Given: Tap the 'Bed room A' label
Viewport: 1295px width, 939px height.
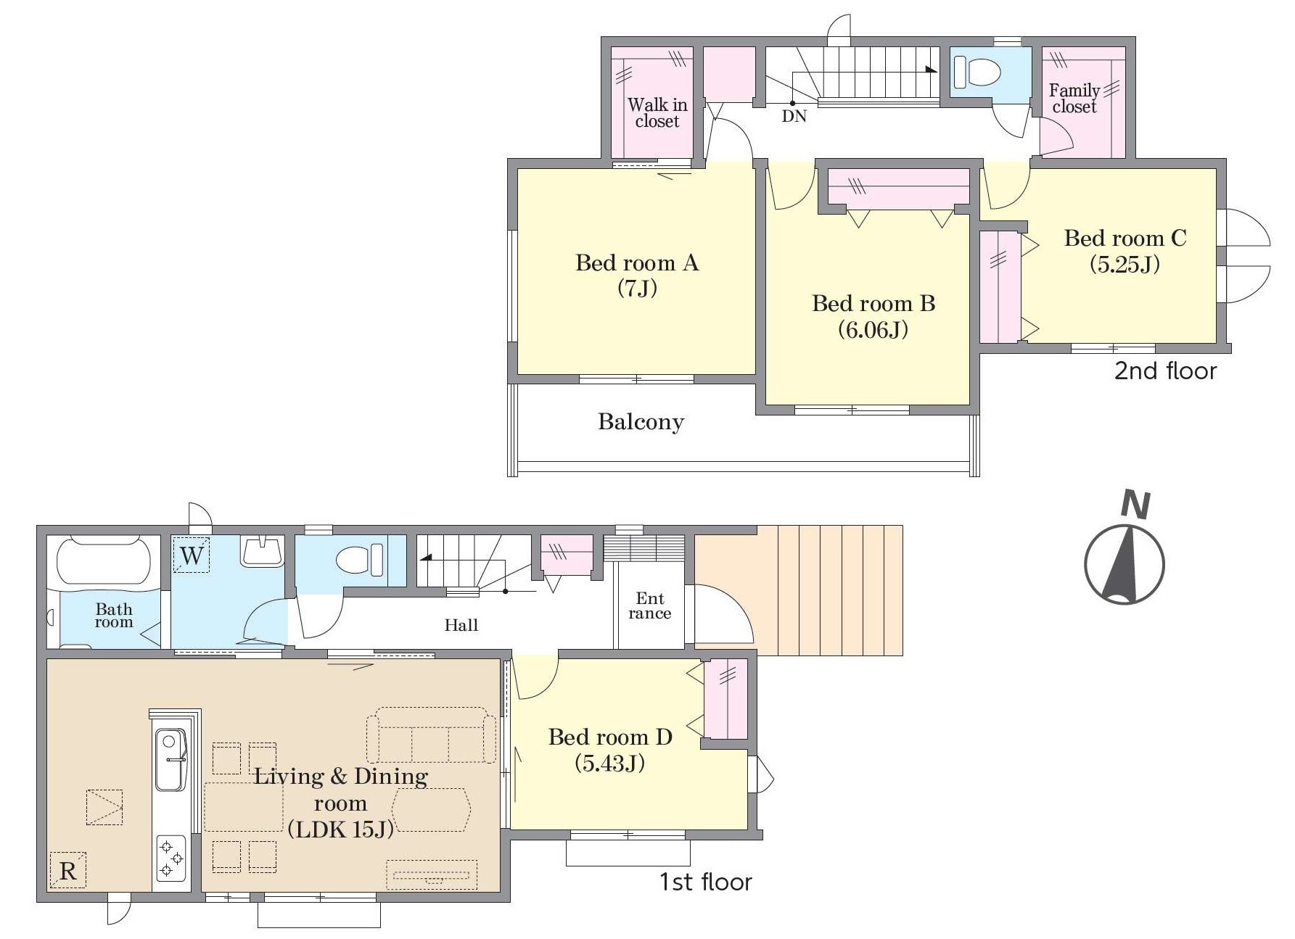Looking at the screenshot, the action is pyautogui.click(x=637, y=262).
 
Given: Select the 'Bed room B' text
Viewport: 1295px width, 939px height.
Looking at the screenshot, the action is pyautogui.click(x=873, y=303).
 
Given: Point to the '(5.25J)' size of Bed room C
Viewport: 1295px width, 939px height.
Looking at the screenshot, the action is pyautogui.click(x=1125, y=264).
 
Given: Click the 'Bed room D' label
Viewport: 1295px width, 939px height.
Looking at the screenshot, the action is pyautogui.click(x=610, y=737).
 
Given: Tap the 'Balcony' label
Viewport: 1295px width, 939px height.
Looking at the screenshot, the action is pyautogui.click(x=641, y=422).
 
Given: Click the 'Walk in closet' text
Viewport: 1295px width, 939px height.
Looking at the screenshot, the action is pyautogui.click(x=657, y=113).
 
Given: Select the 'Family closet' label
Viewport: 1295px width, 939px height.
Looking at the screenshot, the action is pyautogui.click(x=1074, y=99).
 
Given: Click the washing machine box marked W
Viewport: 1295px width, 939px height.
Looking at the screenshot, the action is pyautogui.click(x=192, y=555).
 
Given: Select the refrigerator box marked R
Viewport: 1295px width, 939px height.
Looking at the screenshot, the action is pyautogui.click(x=67, y=870).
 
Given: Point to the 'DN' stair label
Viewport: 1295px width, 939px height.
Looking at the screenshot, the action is pyautogui.click(x=794, y=116).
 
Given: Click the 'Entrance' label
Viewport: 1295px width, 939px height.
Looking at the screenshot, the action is pyautogui.click(x=650, y=606).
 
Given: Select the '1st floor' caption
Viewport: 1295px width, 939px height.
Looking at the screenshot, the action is pyautogui.click(x=705, y=882).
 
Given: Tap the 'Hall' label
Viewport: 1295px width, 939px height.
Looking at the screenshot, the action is pyautogui.click(x=461, y=625).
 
